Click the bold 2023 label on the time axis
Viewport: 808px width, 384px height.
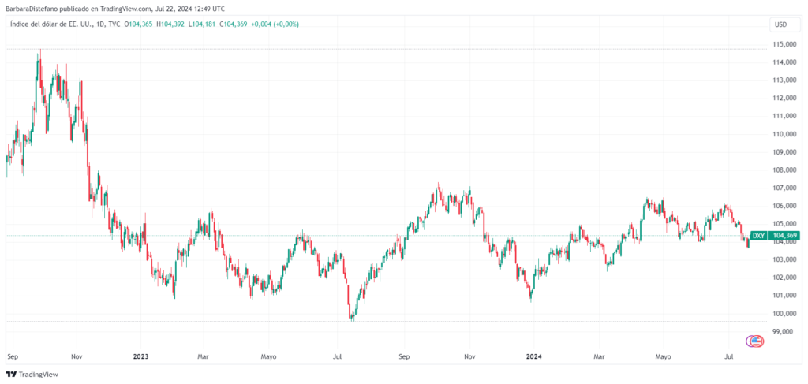140,356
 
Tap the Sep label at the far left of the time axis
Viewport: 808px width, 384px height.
12,356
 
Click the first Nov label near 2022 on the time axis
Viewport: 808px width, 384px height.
77,356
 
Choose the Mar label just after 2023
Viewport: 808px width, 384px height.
203,356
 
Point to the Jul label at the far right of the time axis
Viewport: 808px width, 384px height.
729,356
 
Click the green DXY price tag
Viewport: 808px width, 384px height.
757,236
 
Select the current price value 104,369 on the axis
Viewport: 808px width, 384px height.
785,236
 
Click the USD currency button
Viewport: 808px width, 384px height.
781,24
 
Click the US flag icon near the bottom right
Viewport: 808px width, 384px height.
756,341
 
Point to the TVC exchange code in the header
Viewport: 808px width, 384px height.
114,24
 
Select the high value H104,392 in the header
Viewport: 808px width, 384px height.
171,24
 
